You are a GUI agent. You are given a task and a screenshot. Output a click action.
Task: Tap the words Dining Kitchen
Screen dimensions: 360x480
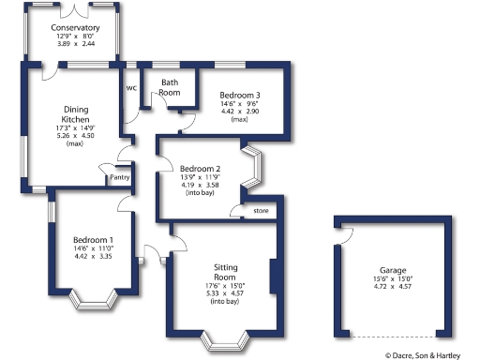pyautogui.click(x=75, y=114)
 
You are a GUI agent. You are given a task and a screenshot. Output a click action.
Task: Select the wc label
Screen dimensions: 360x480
pyautogui.click(x=131, y=87)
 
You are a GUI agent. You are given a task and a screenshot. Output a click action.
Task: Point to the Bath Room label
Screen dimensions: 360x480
pyautogui.click(x=170, y=87)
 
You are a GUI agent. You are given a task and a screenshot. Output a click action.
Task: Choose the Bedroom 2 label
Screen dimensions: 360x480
pyautogui.click(x=200, y=169)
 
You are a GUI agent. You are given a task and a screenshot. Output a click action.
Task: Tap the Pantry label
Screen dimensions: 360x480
pyautogui.click(x=119, y=177)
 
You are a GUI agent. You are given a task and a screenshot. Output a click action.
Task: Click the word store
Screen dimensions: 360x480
pyautogui.click(x=261, y=212)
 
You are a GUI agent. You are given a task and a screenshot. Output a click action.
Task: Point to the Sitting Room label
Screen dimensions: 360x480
pyautogui.click(x=226, y=272)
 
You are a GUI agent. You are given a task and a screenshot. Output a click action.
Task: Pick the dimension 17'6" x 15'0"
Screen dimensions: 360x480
pyautogui.click(x=226, y=286)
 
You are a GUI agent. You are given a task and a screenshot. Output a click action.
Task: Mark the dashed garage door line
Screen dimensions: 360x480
pyautogui.click(x=393, y=336)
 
